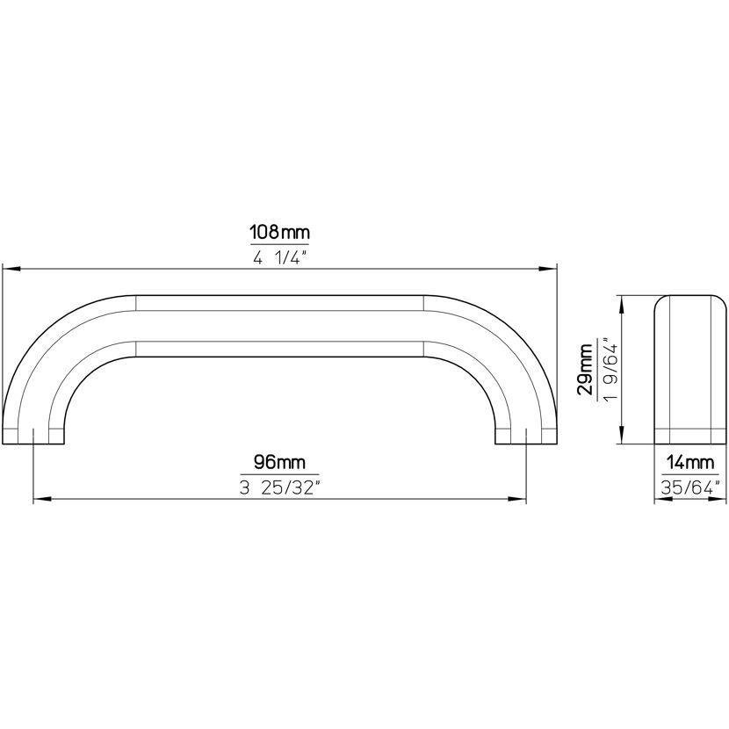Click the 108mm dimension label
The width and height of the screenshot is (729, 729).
279,232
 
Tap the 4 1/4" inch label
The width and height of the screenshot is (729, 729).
280,257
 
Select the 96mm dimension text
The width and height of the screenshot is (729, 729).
279,462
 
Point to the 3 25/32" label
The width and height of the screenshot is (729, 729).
280,487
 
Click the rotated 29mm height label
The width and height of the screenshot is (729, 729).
585,369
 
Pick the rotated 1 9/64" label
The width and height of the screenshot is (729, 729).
610,370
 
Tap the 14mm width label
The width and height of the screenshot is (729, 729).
689,463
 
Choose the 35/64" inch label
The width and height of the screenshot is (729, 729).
690,487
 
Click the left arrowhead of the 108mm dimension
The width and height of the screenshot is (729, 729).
11,269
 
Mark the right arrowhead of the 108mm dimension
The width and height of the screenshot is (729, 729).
548,269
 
